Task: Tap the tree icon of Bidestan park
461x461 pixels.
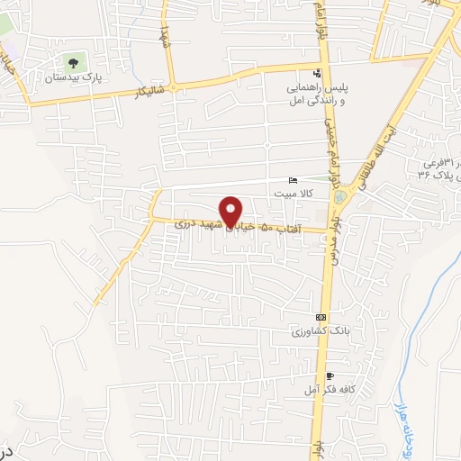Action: pos(73,63)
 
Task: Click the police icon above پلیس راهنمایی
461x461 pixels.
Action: pos(316,74)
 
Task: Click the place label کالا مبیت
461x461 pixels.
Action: pos(294,194)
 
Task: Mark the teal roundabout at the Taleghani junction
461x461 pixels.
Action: pos(364,196)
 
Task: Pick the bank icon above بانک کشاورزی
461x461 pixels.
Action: pos(321,318)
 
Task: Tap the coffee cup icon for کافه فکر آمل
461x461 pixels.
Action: pos(330,375)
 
